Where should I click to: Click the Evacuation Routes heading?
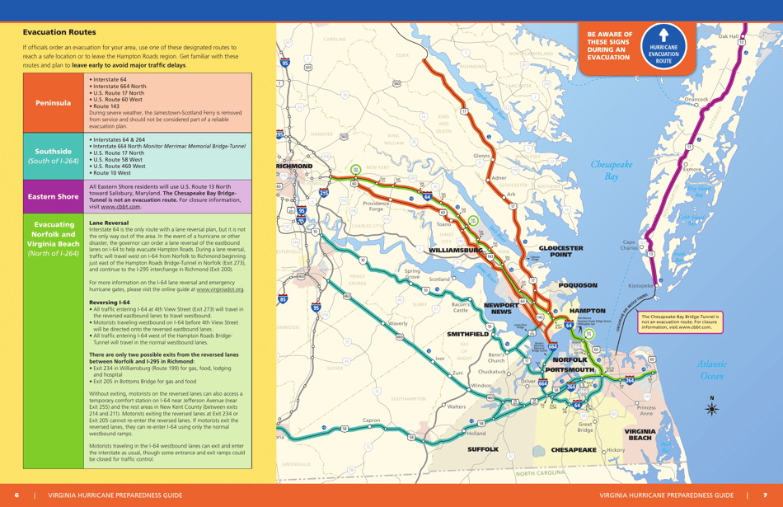(59, 31)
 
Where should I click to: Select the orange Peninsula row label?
(54, 104)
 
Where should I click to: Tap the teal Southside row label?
(54, 156)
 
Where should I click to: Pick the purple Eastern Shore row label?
(54, 197)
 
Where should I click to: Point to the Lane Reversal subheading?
(108, 223)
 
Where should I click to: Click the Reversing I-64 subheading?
(109, 303)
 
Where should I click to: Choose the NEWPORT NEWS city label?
(501, 308)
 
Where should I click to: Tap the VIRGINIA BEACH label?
(639, 434)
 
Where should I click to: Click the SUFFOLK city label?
(483, 449)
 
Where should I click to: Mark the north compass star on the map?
(712, 408)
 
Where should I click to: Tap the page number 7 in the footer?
(765, 495)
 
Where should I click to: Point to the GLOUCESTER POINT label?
(560, 251)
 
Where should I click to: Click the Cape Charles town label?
(629, 246)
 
